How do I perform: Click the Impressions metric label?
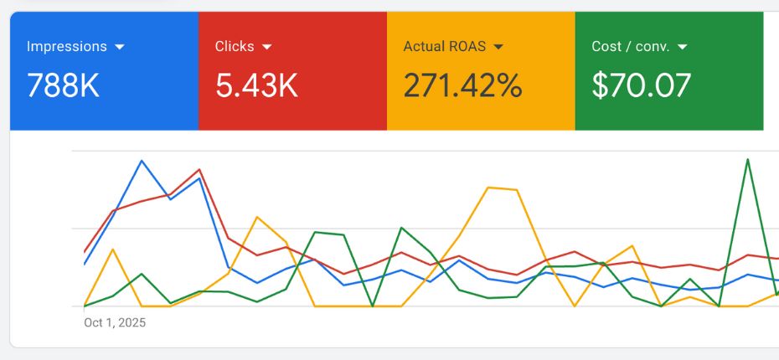67,47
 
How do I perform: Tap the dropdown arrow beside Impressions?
119,47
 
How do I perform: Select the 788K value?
63,85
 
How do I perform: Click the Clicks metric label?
234,47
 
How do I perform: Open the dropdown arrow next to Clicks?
266,47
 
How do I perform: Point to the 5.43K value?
256,85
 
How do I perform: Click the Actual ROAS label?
444,47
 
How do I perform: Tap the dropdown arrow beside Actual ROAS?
498,47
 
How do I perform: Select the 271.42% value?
462,85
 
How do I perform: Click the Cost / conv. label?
630,47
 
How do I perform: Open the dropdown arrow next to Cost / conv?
682,47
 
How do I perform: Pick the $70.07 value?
642,85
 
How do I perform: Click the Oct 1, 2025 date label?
115,322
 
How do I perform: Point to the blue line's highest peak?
142,161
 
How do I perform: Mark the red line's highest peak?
199,169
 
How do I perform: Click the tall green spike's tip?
747,159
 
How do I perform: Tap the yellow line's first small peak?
113,249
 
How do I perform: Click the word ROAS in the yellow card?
470,47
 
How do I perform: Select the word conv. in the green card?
653,47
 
